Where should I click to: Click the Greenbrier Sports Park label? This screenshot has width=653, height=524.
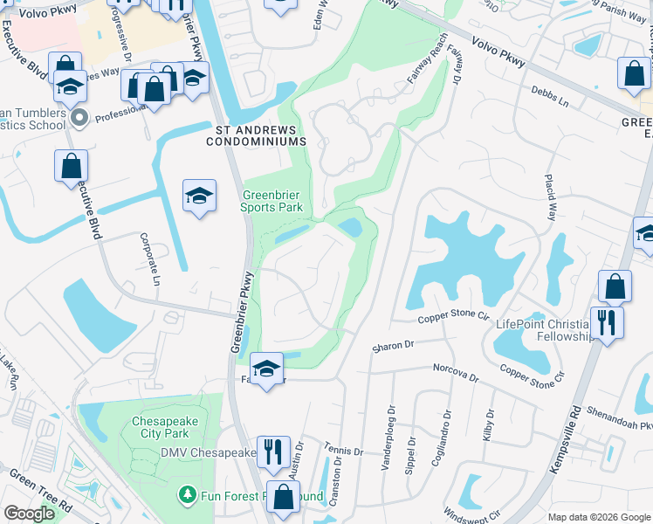click(x=272, y=201)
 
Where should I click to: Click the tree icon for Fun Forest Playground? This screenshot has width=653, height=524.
click(x=186, y=496)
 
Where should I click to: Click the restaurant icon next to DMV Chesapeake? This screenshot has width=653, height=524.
click(x=273, y=452)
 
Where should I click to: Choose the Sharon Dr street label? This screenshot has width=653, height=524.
click(x=392, y=347)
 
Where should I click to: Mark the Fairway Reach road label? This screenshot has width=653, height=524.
click(x=427, y=60)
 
